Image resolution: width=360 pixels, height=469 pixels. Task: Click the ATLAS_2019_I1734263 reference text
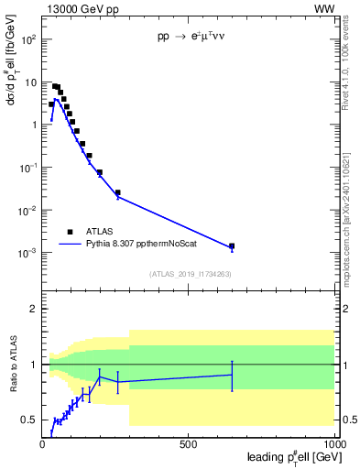point(189,274)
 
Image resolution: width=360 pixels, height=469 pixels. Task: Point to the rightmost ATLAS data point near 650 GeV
point(232,246)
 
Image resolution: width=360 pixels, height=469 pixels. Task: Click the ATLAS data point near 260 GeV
point(117,192)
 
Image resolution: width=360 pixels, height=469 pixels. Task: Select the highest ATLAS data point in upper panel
point(55,86)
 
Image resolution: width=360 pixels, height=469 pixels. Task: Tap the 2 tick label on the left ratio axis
point(35,309)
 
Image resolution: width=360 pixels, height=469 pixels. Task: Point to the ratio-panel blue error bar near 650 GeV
point(232,375)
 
